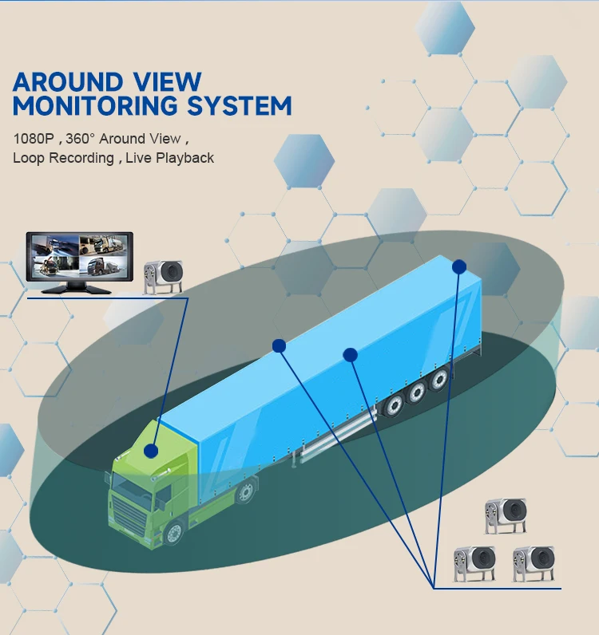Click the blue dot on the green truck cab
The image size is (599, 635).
[150, 452]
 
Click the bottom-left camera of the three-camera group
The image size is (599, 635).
[474, 563]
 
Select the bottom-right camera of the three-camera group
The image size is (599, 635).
[534, 563]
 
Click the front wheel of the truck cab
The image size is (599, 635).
[174, 532]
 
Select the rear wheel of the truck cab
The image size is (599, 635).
[247, 490]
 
